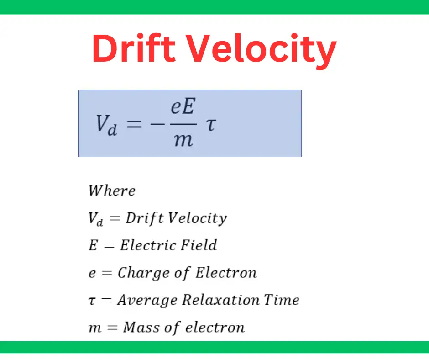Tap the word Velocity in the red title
(267, 49)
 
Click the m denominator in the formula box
(183, 139)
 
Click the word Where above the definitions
(112, 190)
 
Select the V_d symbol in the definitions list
(96, 218)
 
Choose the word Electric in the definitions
(148, 245)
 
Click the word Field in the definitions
(197, 245)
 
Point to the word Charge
(137, 273)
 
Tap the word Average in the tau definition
(146, 301)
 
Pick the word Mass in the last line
(139, 327)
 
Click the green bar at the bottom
(214, 347)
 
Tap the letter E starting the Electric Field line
(93, 245)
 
